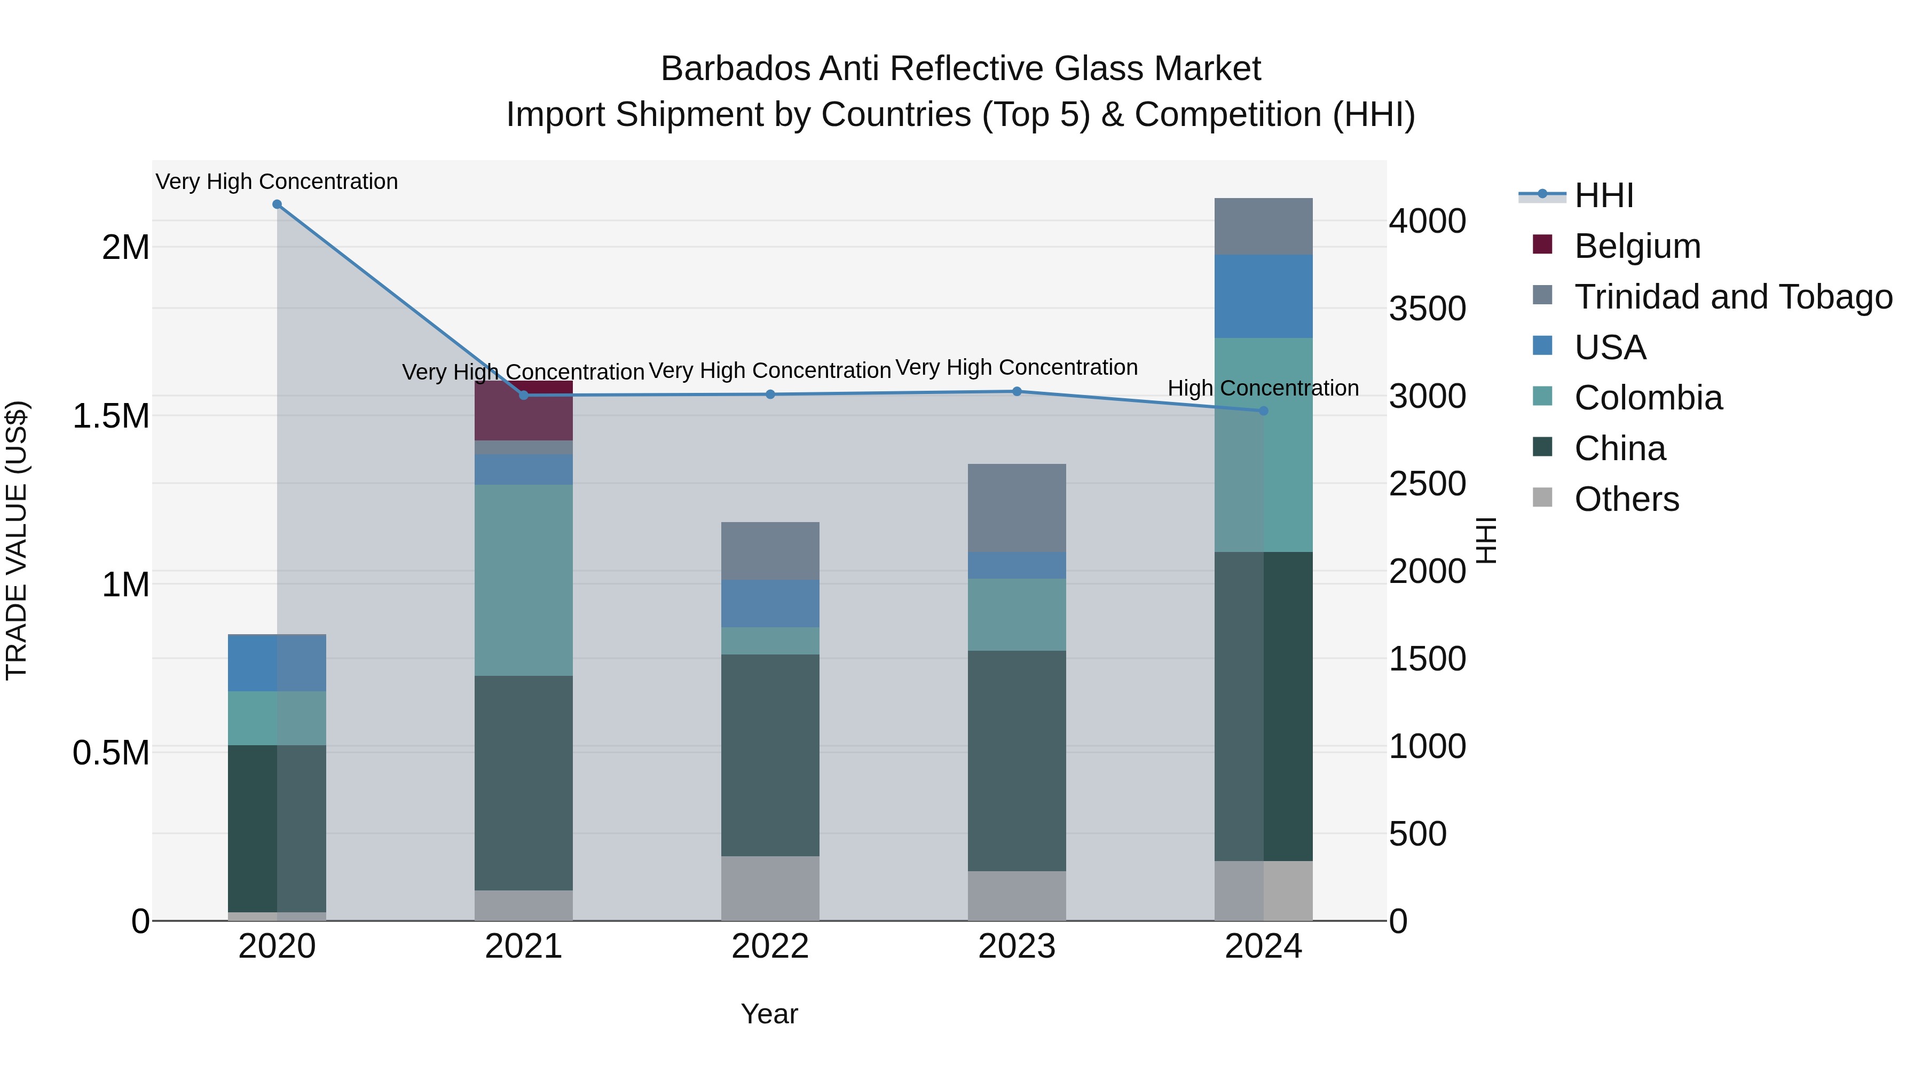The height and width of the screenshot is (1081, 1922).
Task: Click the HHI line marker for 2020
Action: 277,204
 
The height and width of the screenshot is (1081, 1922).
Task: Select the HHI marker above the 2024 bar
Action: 1263,411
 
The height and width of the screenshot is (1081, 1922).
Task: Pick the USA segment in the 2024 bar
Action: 1263,296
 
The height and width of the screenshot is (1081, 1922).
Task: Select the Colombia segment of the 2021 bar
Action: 524,580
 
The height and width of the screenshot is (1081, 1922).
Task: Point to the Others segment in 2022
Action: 770,888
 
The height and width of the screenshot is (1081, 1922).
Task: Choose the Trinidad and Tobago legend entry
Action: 1732,297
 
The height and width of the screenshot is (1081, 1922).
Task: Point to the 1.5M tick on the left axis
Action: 111,415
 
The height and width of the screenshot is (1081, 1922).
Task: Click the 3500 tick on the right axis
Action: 1427,308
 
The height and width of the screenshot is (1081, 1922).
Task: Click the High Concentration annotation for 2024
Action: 1263,388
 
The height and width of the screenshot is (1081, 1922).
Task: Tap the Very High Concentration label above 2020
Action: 277,182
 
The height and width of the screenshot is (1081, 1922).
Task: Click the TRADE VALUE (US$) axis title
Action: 17,540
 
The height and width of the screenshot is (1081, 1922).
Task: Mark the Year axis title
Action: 769,1014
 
